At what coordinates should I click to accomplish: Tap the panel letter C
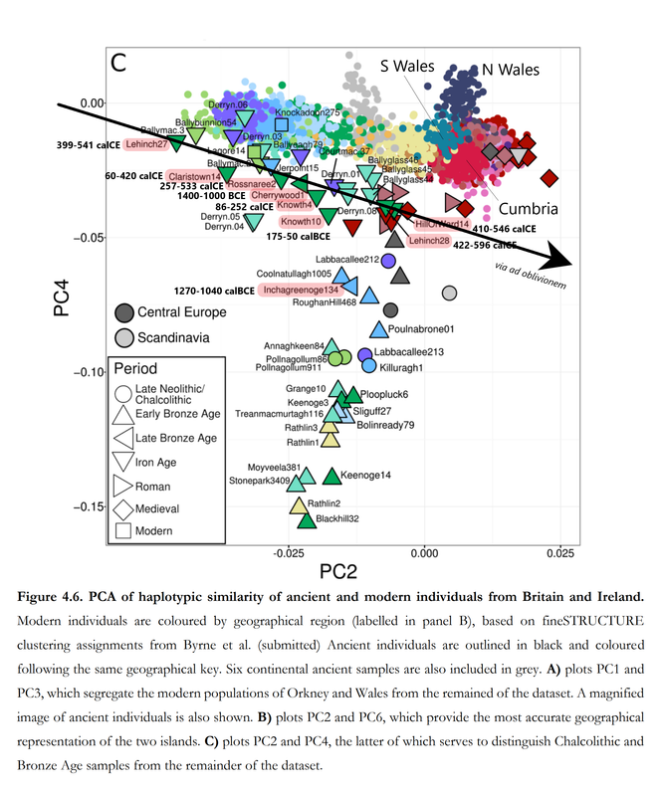point(118,64)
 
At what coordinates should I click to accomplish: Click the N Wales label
point(511,70)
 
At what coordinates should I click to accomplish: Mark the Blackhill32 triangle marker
point(307,518)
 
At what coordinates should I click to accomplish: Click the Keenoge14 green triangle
point(331,476)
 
